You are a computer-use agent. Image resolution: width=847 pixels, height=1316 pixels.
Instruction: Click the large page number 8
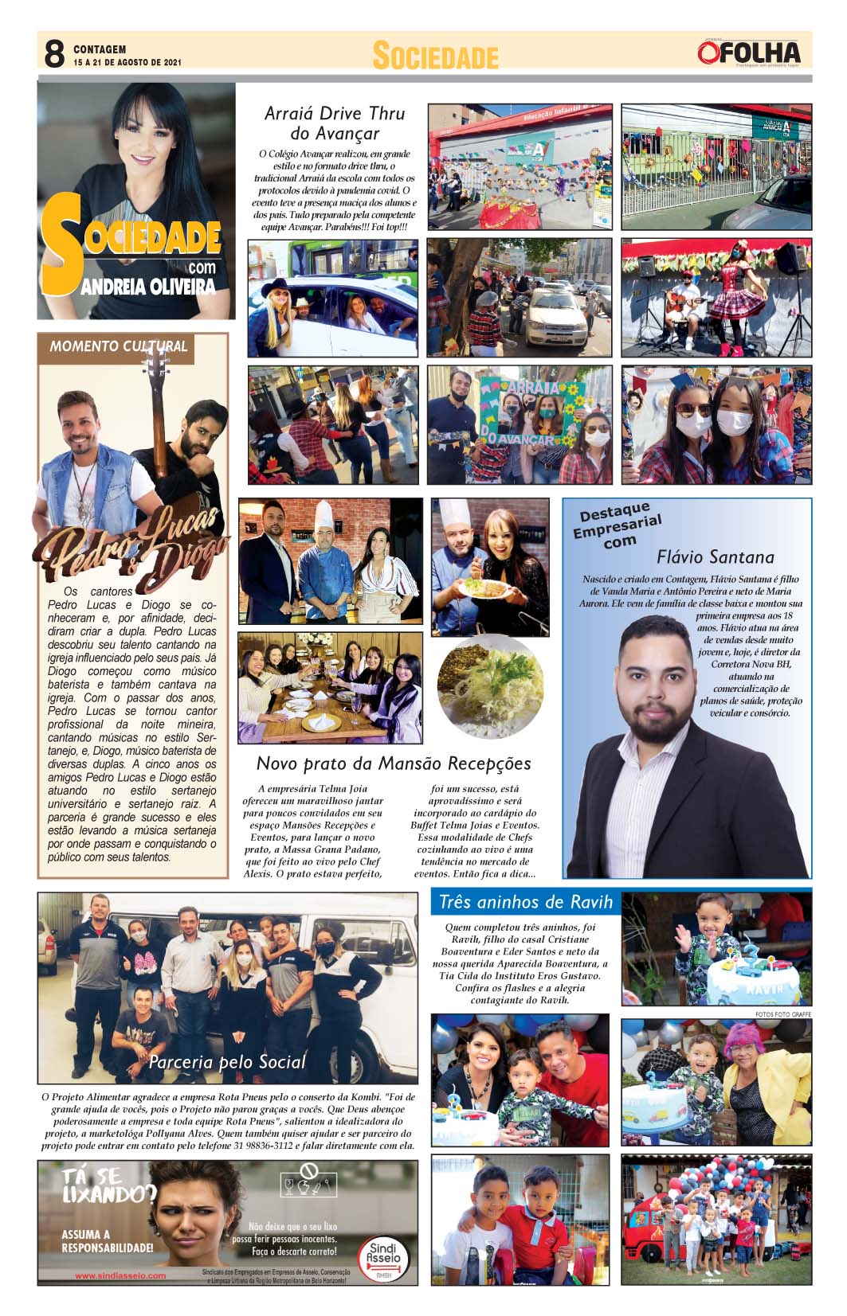(53, 54)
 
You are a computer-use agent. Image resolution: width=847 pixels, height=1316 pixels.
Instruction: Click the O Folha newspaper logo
(748, 53)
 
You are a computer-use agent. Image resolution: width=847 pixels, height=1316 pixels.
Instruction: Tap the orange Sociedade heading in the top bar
(435, 57)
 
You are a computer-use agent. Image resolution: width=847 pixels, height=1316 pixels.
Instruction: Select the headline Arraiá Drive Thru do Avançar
(335, 123)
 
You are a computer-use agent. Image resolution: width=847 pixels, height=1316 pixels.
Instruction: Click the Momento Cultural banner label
(118, 346)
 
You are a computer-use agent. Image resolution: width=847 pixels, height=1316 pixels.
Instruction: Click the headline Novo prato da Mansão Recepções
(394, 763)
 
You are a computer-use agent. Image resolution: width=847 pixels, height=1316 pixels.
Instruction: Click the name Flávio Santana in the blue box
(715, 556)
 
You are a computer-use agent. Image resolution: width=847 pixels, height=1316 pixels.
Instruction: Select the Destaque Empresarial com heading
(618, 525)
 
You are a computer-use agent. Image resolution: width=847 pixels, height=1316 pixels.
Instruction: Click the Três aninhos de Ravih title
(526, 901)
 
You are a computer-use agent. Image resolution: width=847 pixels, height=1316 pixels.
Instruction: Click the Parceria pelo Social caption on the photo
(227, 1062)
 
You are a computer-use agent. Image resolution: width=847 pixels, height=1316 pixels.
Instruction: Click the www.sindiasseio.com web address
(120, 1275)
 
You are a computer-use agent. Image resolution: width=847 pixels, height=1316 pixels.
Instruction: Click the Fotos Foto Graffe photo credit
(783, 1014)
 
